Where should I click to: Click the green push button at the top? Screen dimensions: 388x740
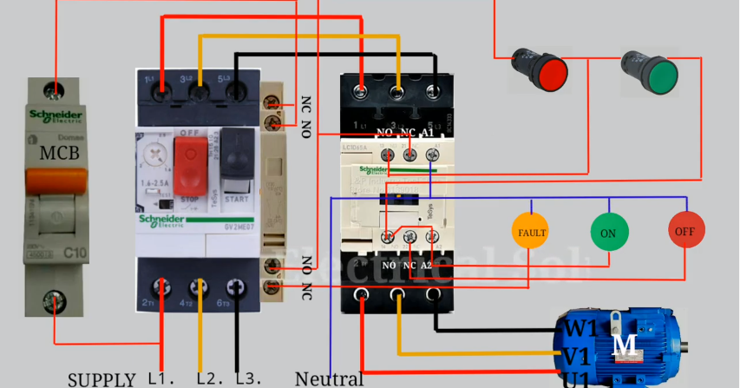pyautogui.click(x=660, y=75)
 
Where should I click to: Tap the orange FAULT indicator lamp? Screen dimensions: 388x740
pyautogui.click(x=532, y=233)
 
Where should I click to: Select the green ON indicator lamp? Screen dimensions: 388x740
pyautogui.click(x=608, y=233)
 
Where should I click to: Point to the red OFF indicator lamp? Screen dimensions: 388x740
pyautogui.click(x=686, y=231)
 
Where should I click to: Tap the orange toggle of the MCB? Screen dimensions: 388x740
pyautogui.click(x=56, y=181)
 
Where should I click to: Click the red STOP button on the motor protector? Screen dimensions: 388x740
pyautogui.click(x=188, y=165)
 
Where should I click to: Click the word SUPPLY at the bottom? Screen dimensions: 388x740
pyautogui.click(x=102, y=379)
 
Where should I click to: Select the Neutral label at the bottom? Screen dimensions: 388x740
pyautogui.click(x=329, y=378)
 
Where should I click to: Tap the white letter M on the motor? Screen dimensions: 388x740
pyautogui.click(x=625, y=345)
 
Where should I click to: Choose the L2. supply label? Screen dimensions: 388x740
pyautogui.click(x=210, y=379)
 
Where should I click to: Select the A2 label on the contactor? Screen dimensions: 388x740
pyautogui.click(x=425, y=264)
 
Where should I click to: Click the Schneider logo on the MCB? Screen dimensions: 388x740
pyautogui.click(x=56, y=117)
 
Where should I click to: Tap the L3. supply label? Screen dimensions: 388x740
pyautogui.click(x=247, y=379)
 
